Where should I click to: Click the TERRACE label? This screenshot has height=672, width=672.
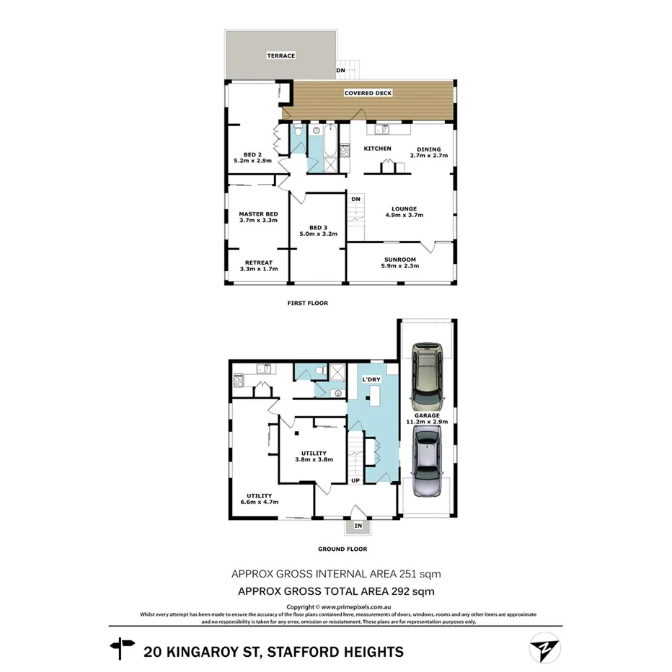pyautogui.click(x=281, y=56)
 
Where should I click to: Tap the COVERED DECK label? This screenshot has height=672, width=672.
pyautogui.click(x=368, y=93)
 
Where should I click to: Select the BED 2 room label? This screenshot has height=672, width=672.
pyautogui.click(x=252, y=154)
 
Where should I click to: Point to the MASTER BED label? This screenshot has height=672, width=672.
pyautogui.click(x=258, y=214)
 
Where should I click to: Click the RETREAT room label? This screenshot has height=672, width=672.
pyautogui.click(x=258, y=262)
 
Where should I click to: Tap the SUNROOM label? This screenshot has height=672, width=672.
pyautogui.click(x=399, y=260)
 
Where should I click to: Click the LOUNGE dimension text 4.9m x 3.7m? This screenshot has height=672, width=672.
pyautogui.click(x=401, y=215)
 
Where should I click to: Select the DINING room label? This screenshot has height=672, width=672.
pyautogui.click(x=428, y=149)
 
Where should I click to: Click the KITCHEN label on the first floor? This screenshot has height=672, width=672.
pyautogui.click(x=377, y=149)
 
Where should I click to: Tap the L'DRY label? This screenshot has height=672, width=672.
pyautogui.click(x=371, y=379)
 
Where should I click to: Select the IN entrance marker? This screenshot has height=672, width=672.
pyautogui.click(x=358, y=527)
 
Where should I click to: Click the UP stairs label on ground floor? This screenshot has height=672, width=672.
pyautogui.click(x=355, y=480)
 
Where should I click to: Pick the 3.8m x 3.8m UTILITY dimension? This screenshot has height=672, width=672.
pyautogui.click(x=314, y=459)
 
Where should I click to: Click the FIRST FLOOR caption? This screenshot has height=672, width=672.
pyautogui.click(x=307, y=303)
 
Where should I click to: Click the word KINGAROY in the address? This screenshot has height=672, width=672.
pyautogui.click(x=214, y=652)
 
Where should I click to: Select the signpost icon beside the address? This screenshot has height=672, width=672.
pyautogui.click(x=122, y=649)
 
